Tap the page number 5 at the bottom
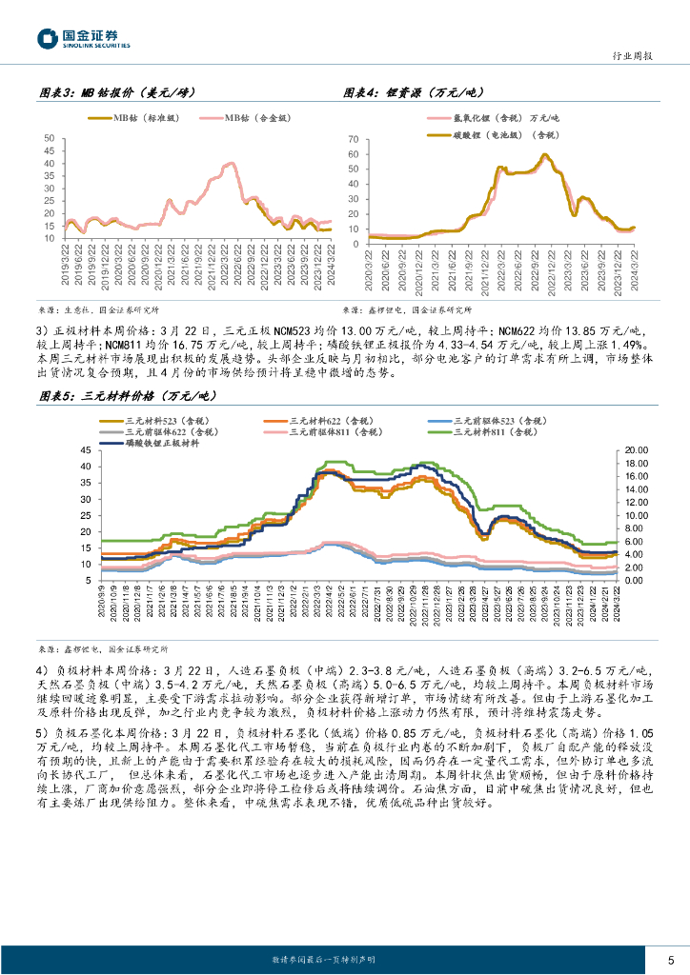coord(671,959)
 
